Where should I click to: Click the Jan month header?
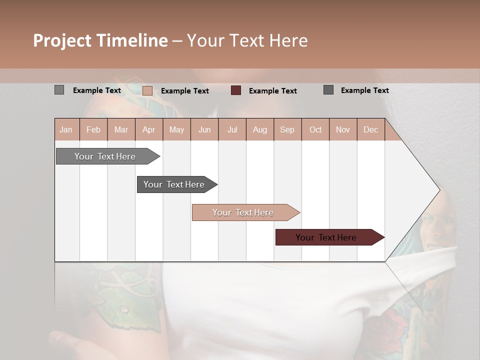click(66, 129)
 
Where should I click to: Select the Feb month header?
click(93, 129)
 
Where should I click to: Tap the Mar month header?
click(121, 129)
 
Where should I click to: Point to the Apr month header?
click(148, 129)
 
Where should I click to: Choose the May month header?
click(176, 129)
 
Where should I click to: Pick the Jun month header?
click(204, 129)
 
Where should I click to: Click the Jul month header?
click(232, 129)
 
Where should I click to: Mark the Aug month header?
click(259, 129)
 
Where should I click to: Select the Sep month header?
click(287, 129)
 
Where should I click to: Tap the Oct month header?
click(315, 129)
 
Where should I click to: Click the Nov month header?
click(343, 129)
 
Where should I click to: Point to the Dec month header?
click(370, 129)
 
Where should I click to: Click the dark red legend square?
click(236, 90)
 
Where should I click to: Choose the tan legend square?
click(147, 90)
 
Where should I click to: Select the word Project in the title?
click(61, 40)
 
